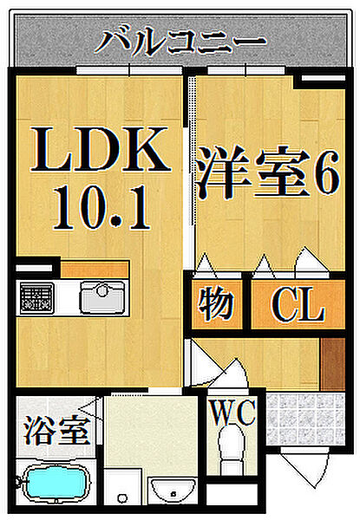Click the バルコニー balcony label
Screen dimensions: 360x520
tap(180, 42)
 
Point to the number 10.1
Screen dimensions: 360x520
tap(101, 208)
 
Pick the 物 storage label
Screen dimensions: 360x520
tap(216, 304)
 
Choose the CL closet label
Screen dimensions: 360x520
tap(298, 304)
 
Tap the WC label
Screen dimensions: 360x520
tap(233, 413)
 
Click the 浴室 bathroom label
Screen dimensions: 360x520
tap(57, 431)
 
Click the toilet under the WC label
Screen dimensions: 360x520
tap(232, 450)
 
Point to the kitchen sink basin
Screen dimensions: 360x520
tap(103, 296)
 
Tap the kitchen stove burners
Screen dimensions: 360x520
tap(36, 297)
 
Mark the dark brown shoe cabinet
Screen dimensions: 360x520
tap(333, 363)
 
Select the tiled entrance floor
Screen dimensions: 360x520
tap(305, 419)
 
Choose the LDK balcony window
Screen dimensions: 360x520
tap(129, 70)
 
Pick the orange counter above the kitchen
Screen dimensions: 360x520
tap(95, 269)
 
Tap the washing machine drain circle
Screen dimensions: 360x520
tap(123, 497)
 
